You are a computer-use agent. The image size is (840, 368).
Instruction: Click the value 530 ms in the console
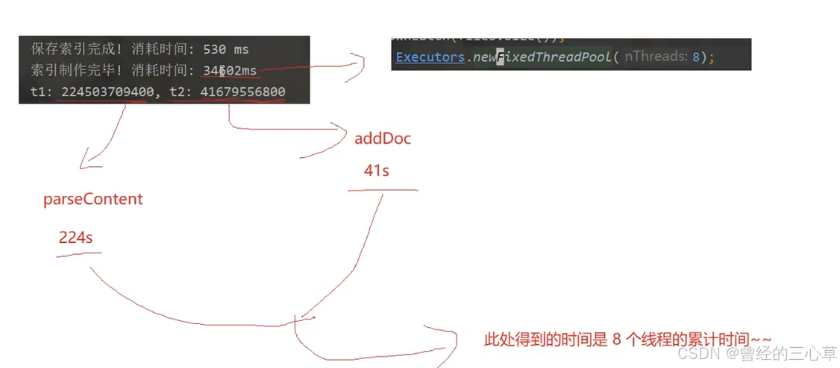[x=226, y=49]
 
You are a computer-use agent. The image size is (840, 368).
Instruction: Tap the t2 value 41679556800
[x=242, y=92]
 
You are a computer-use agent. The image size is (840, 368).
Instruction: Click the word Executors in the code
[x=430, y=57]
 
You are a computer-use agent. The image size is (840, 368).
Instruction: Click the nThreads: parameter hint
[x=656, y=57]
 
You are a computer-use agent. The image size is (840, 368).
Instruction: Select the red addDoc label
[x=383, y=139]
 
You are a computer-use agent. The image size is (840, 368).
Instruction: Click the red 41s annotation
[x=376, y=171]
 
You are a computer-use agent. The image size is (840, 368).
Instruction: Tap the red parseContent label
[x=93, y=200]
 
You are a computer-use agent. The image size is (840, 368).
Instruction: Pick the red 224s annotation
[x=75, y=237]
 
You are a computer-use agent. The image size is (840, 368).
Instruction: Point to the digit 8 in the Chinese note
[x=616, y=339]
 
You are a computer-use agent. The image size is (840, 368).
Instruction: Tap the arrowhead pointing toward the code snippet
[x=361, y=65]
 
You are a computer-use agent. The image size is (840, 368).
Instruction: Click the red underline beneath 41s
[x=383, y=189]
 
